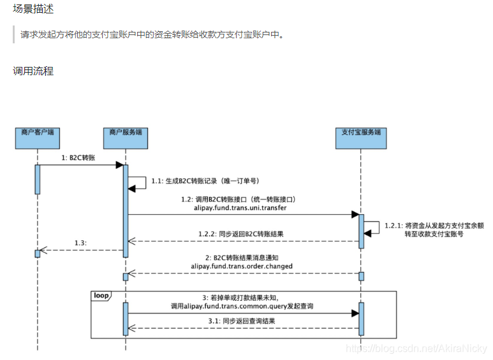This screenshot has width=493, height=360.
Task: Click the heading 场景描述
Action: (33, 9)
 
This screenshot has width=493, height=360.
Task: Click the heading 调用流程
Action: (33, 71)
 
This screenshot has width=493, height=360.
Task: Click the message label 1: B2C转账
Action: (78, 157)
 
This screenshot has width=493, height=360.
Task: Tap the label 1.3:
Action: (80, 243)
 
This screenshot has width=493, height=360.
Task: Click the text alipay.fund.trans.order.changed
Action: (242, 266)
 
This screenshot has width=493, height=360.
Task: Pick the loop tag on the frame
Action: (101, 296)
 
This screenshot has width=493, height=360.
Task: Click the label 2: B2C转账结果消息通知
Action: (242, 257)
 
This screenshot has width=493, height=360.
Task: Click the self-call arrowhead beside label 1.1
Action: (132, 188)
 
